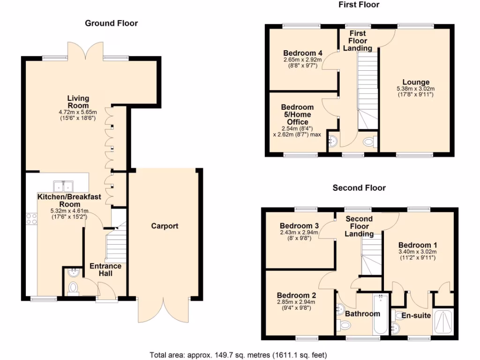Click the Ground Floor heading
click(111, 23)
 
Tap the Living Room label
click(78, 102)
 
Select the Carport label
click(165, 226)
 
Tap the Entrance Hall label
click(105, 270)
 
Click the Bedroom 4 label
click(300, 52)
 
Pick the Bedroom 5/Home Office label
click(297, 114)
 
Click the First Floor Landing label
click(358, 41)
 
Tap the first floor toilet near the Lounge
click(369, 141)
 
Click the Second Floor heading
click(359, 188)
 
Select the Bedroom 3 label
click(299, 225)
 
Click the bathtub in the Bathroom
click(380, 314)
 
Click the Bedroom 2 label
click(296, 295)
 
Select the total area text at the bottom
click(238, 354)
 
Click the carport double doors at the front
click(165, 309)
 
